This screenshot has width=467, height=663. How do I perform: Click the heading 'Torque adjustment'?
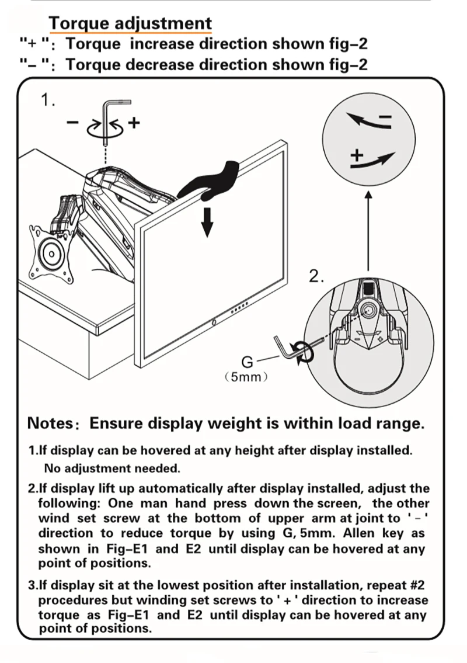pos(130,24)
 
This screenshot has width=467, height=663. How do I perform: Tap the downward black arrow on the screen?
pos(207,221)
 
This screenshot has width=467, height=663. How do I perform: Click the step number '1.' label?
pos(48,100)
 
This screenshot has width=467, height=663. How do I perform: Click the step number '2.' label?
pos(316,276)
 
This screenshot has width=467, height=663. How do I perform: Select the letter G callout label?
pos(247,362)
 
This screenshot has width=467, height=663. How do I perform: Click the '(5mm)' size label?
pos(246,377)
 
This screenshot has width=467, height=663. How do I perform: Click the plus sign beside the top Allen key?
pos(134,123)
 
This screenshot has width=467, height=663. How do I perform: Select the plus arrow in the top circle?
pos(372,159)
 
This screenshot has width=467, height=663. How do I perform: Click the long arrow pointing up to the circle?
pos(368,231)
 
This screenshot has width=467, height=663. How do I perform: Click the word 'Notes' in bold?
pos(50,423)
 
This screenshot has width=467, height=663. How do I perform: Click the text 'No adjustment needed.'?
pos(112,468)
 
